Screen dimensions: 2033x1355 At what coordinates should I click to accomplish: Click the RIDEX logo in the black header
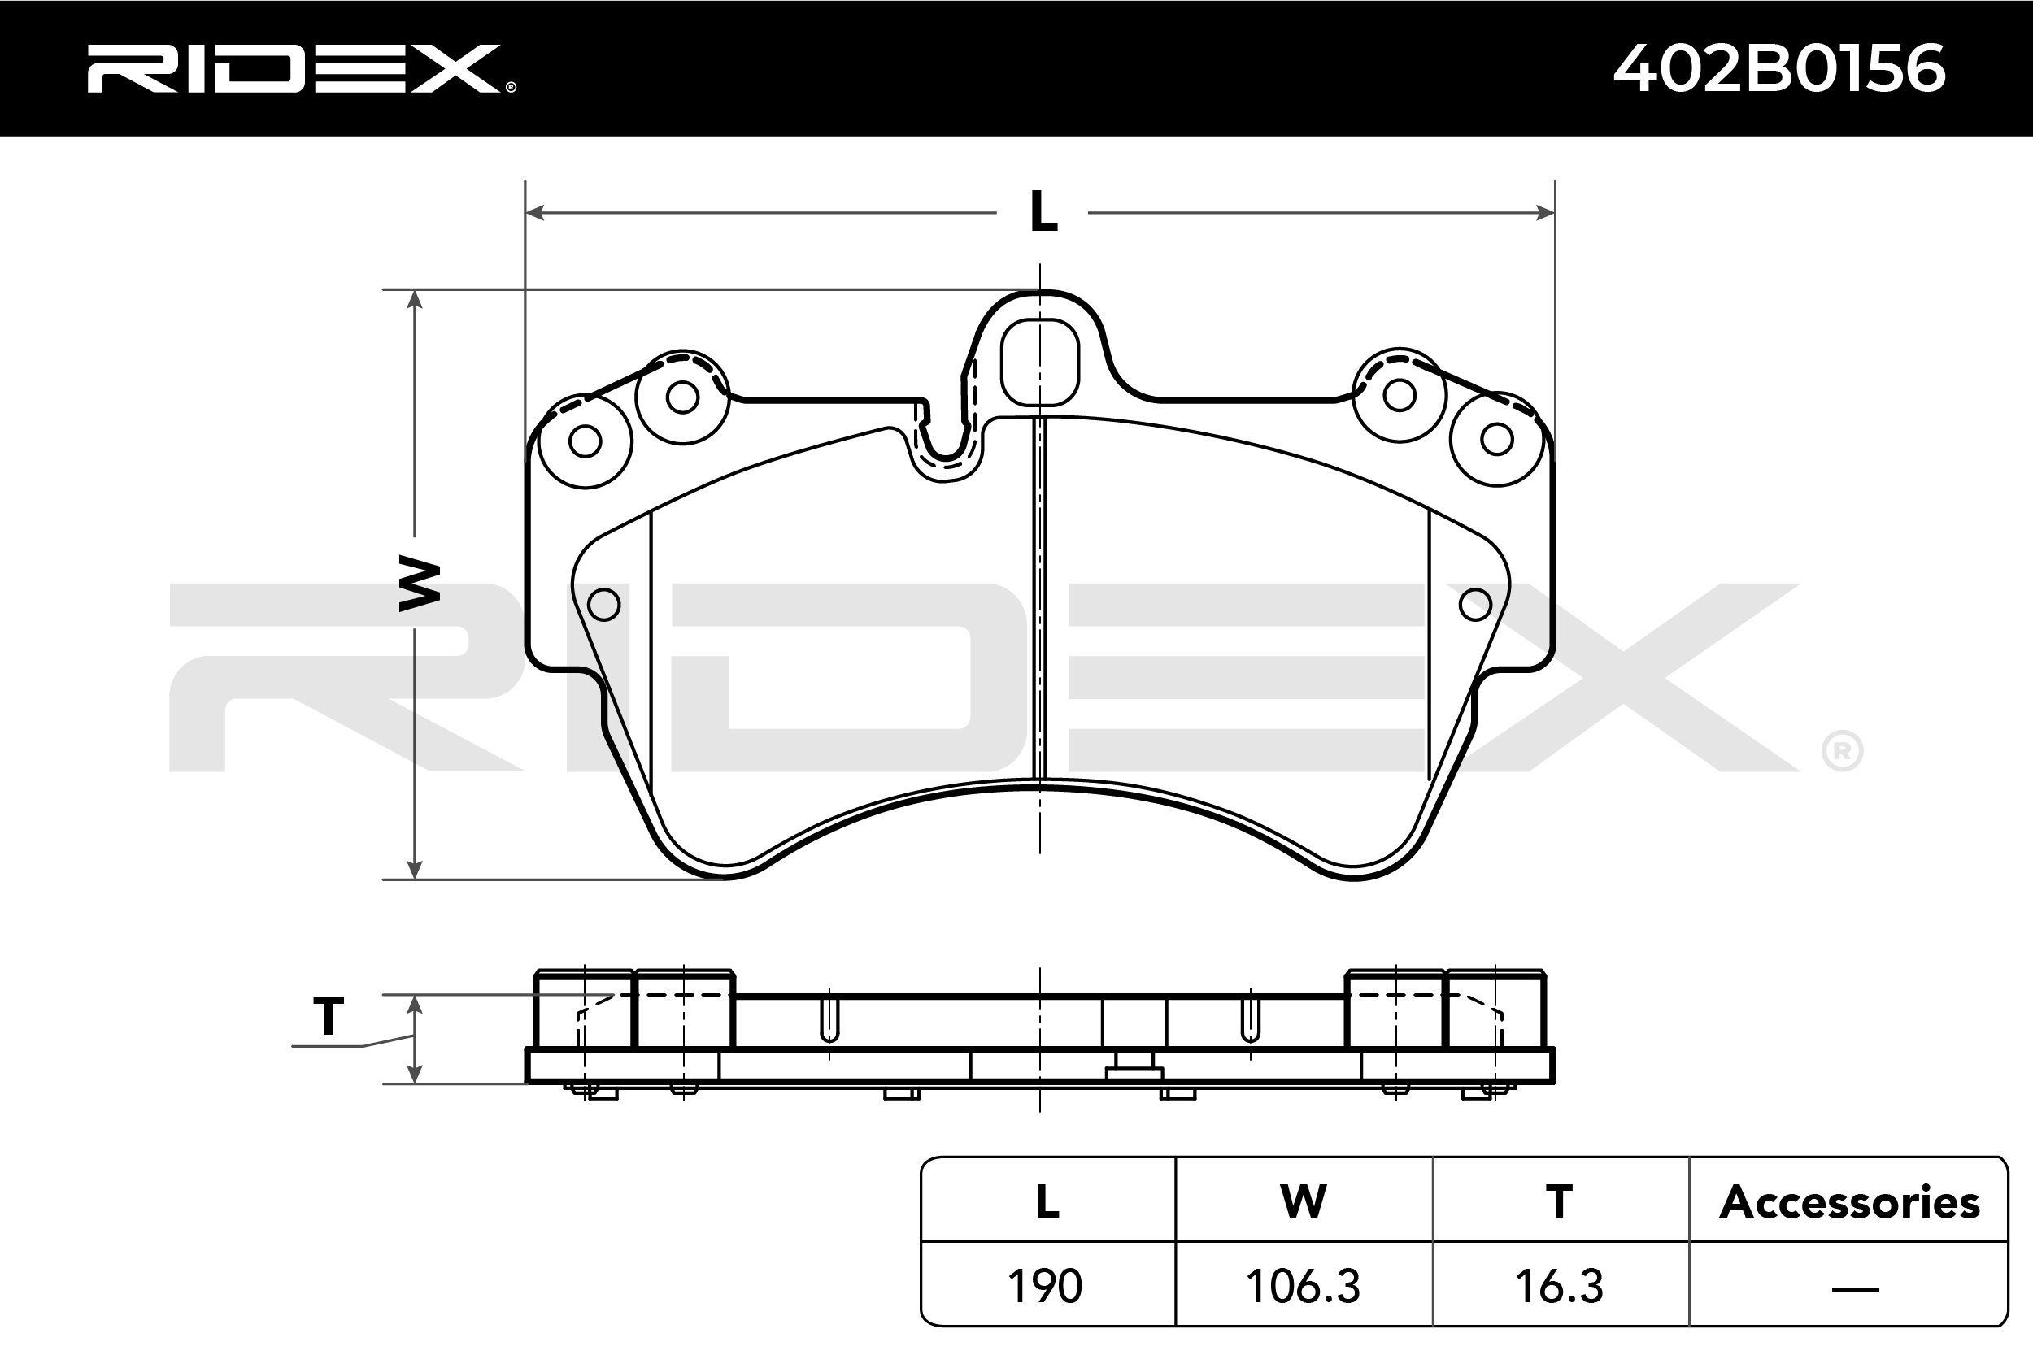(301, 68)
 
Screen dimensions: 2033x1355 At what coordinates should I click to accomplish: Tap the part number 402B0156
(1780, 68)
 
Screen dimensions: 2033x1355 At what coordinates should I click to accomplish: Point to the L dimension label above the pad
(1043, 211)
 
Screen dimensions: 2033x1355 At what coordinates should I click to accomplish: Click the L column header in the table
(1047, 1201)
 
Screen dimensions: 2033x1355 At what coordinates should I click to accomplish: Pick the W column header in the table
(1304, 1201)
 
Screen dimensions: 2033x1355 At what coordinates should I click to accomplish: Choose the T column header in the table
(1560, 1201)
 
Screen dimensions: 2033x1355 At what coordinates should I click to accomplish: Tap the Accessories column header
(1850, 1202)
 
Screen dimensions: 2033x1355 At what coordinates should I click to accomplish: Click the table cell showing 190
(1045, 1286)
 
